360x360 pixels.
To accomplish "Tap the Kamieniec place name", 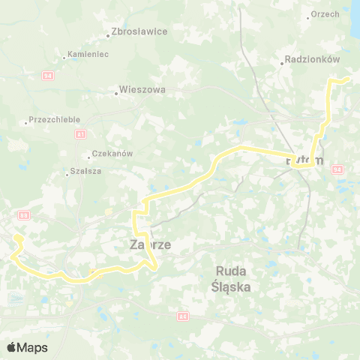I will (88, 55).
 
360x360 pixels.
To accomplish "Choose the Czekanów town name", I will (112, 153).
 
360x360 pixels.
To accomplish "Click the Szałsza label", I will (84, 171).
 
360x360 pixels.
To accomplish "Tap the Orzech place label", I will (325, 13).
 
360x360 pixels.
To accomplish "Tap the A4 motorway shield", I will (182, 317).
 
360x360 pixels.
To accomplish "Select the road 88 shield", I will (24, 215).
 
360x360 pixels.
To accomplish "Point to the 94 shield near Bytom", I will (337, 170).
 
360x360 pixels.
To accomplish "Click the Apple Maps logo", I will (27, 347).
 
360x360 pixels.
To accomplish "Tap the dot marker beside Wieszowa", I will (117, 93).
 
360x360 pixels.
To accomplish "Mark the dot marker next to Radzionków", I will (282, 64).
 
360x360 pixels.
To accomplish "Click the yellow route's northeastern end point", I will (349, 77).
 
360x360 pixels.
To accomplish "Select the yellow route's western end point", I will (16, 238).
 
